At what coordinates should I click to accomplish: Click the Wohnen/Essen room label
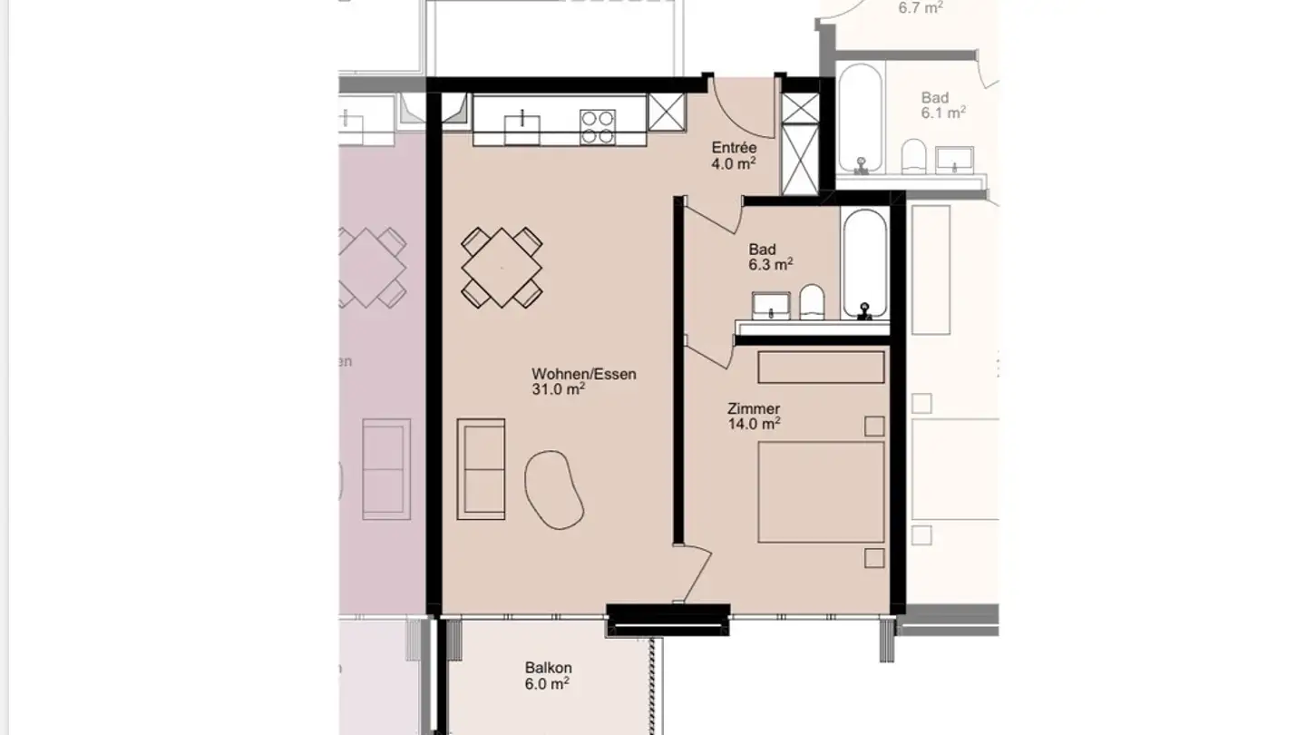pyautogui.click(x=583, y=374)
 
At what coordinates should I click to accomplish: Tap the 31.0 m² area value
pyautogui.click(x=558, y=390)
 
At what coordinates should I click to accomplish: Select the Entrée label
pyautogui.click(x=734, y=148)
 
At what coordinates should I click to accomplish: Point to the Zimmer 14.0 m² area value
pyautogui.click(x=754, y=424)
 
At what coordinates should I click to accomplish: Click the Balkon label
pyautogui.click(x=548, y=668)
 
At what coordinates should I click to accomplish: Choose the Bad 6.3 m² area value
pyautogui.click(x=771, y=265)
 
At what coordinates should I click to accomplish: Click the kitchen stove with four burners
pyautogui.click(x=597, y=127)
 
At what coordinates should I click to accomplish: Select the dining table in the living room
pyautogui.click(x=502, y=267)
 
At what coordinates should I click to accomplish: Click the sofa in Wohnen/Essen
pyautogui.click(x=481, y=469)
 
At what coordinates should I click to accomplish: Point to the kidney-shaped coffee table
pyautogui.click(x=554, y=488)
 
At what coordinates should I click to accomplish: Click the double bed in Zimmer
pyautogui.click(x=821, y=492)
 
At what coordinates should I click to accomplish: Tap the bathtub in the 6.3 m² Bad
pyautogui.click(x=864, y=263)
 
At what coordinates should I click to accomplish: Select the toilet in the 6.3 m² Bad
pyautogui.click(x=812, y=302)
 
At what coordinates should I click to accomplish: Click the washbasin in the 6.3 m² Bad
pyautogui.click(x=772, y=306)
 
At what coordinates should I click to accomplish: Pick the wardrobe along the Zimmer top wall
pyautogui.click(x=821, y=367)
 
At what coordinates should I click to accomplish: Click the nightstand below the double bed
pyautogui.click(x=874, y=557)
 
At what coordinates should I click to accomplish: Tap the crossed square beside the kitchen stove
pyautogui.click(x=666, y=113)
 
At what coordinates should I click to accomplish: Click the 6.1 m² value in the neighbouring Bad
pyautogui.click(x=942, y=113)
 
